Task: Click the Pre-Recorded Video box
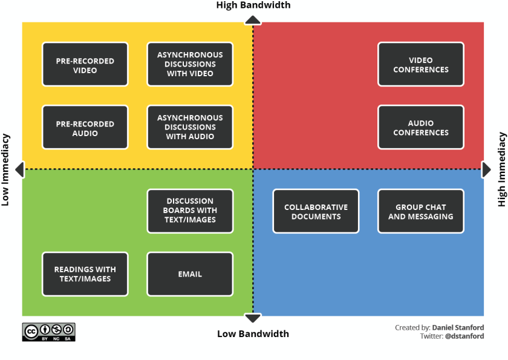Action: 85,64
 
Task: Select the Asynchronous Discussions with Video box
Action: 190,64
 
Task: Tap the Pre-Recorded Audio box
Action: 85,127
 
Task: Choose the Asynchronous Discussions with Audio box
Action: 190,127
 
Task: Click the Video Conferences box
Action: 421,64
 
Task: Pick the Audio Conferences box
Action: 421,127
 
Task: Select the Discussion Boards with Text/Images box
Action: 190,211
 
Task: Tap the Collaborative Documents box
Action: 316,211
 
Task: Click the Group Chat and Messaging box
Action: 421,211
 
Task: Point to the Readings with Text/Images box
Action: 85,274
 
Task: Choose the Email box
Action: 190,274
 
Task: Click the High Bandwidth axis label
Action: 253,5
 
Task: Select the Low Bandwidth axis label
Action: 253,333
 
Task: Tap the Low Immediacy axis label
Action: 6,170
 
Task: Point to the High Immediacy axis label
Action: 501,170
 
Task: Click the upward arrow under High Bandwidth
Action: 253,20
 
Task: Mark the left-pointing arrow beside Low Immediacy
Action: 19,169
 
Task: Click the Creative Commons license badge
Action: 49,332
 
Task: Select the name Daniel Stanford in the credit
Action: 458,327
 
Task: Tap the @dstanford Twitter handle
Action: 464,336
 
